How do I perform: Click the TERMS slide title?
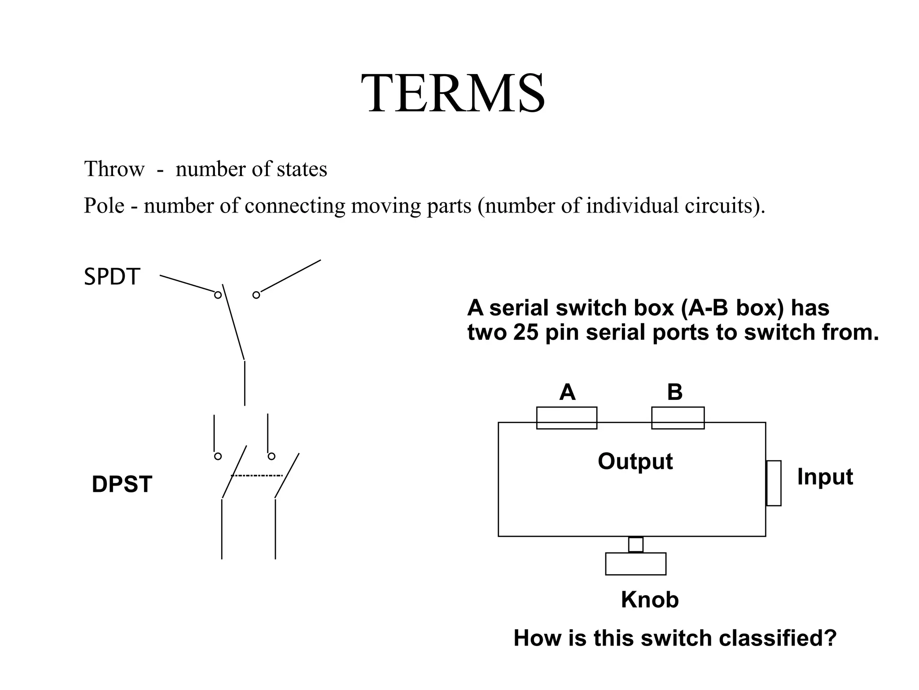[x=453, y=93]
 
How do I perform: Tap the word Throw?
[x=114, y=169]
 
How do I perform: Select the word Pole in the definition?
[x=104, y=206]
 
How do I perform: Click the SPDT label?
[x=112, y=277]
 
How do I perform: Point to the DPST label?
[x=122, y=484]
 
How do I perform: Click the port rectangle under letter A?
[x=566, y=418]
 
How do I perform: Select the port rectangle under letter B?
[x=678, y=418]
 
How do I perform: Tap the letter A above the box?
[x=567, y=392]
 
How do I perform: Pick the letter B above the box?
[x=674, y=392]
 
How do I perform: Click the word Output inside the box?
[x=635, y=461]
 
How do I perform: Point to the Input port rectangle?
[x=774, y=483]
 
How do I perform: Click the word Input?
[x=825, y=477]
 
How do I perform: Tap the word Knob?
[x=650, y=600]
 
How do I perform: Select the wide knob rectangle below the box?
[x=635, y=564]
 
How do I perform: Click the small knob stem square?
[x=635, y=544]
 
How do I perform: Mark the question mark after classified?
[x=831, y=638]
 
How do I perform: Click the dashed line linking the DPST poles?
[x=257, y=475]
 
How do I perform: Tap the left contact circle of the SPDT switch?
[x=218, y=295]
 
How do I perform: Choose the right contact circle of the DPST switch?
[x=271, y=456]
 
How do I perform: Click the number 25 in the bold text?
[x=526, y=332]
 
